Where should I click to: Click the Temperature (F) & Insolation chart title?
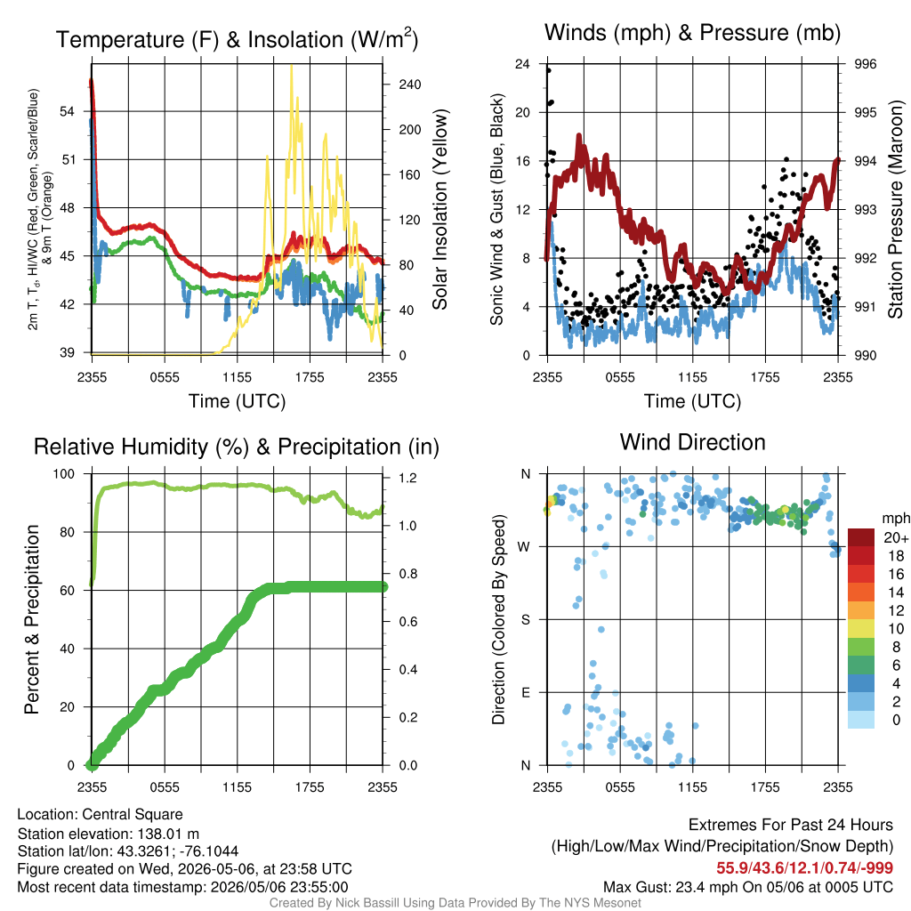237,39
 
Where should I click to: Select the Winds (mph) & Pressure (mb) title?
692,33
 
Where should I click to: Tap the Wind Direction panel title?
692,442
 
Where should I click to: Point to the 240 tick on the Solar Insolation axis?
409,85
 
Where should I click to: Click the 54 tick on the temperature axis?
68,111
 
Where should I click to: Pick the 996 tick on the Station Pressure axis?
865,64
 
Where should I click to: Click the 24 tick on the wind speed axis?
522,64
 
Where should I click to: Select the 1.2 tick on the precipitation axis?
407,478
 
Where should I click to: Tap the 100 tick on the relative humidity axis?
64,474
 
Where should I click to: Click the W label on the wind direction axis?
524,547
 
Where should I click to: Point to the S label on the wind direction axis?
525,620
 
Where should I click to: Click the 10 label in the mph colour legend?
897,629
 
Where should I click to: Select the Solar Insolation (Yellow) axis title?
440,209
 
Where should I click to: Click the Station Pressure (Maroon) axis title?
895,209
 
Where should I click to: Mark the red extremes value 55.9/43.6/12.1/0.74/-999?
804,868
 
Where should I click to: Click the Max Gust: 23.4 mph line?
748,887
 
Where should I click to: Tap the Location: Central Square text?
100,815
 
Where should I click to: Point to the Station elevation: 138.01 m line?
108,834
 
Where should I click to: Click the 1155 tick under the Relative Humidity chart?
237,787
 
